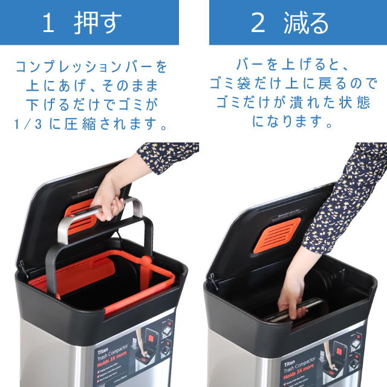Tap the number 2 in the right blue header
point(258,23)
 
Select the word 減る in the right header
point(307,23)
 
